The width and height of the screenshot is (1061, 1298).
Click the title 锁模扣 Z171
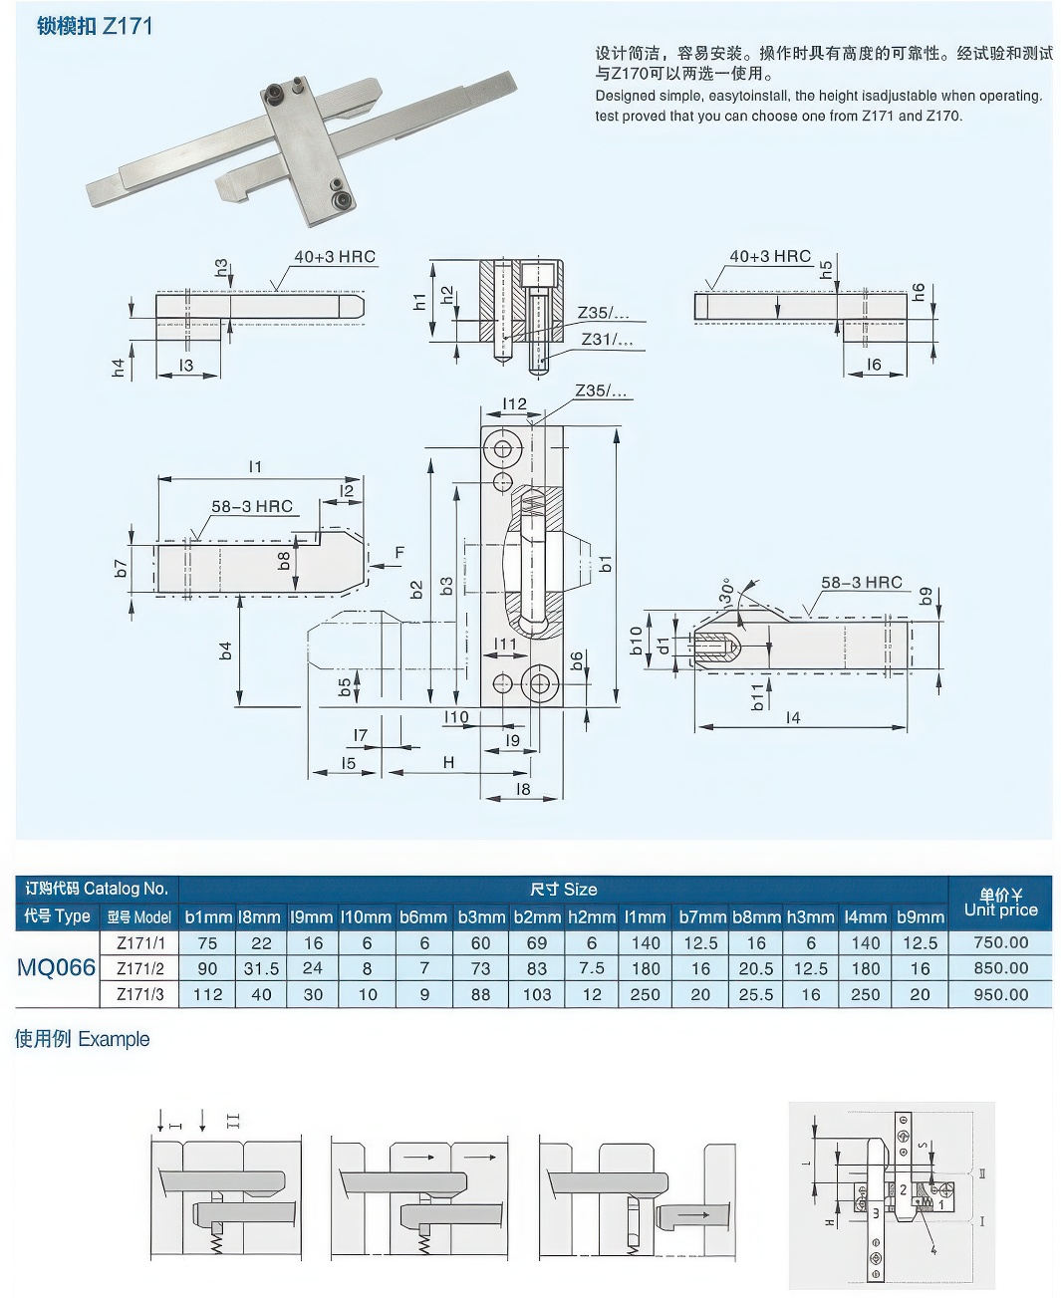click(x=95, y=26)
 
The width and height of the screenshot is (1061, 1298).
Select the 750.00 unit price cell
click(x=1000, y=942)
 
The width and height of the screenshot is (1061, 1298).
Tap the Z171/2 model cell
click(x=140, y=968)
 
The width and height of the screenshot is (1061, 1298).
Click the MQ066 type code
click(x=57, y=967)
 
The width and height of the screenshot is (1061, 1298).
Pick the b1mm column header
click(x=208, y=916)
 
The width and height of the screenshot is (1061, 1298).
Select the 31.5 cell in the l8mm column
click(x=261, y=968)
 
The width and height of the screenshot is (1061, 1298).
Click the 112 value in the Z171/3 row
click(x=208, y=994)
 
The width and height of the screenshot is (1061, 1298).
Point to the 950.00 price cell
click(x=1000, y=994)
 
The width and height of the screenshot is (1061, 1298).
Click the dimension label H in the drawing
click(x=448, y=762)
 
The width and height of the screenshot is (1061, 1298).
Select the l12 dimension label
click(x=514, y=403)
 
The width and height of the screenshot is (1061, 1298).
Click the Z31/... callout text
click(x=607, y=340)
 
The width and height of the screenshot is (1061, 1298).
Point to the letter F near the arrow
click(x=399, y=552)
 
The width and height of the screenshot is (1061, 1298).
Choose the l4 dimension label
click(x=792, y=717)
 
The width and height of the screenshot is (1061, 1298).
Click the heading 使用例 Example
click(x=83, y=1039)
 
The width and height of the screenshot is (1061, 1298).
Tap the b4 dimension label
click(x=226, y=649)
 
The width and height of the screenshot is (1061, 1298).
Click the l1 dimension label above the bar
click(x=256, y=466)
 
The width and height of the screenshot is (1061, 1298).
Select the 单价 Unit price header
click(x=1000, y=903)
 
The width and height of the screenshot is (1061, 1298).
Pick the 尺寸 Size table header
click(x=563, y=889)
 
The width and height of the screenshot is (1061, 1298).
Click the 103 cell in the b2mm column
click(x=537, y=994)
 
